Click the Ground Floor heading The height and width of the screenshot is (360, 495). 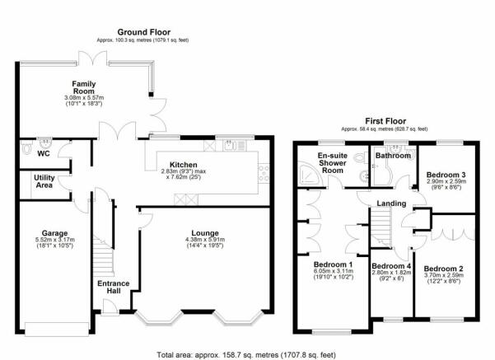point(143,32)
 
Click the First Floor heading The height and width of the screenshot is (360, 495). point(385,121)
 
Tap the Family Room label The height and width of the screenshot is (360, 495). point(84,87)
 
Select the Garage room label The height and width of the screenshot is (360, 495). point(54,233)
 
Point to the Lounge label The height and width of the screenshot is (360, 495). point(205,233)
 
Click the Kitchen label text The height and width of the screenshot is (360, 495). point(184,165)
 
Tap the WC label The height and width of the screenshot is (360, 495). point(44,154)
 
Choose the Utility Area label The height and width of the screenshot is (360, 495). point(44,181)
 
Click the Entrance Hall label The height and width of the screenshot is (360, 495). point(114,287)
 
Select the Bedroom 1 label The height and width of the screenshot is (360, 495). point(333,264)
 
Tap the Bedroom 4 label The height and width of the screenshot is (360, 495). point(391,266)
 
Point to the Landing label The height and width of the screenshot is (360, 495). point(391,203)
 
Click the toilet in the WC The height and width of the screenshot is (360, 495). point(26,147)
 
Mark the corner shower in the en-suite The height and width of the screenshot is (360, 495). point(310,175)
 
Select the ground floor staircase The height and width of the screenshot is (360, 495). point(103,256)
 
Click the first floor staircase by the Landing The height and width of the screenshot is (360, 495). point(381,224)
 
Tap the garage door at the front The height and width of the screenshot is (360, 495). point(57,329)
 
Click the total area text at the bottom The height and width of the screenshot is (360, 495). point(246,355)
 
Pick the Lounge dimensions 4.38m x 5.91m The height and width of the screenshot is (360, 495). point(205,240)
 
